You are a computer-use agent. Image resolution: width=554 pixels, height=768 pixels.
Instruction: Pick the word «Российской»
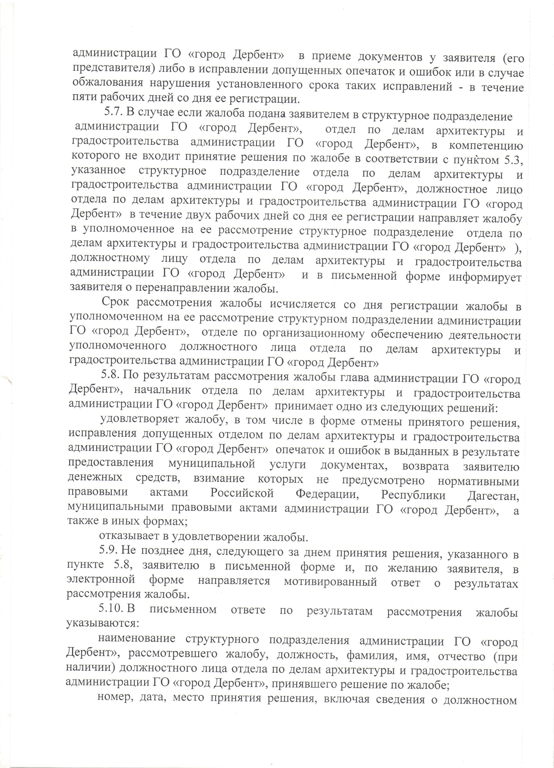(242, 493)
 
